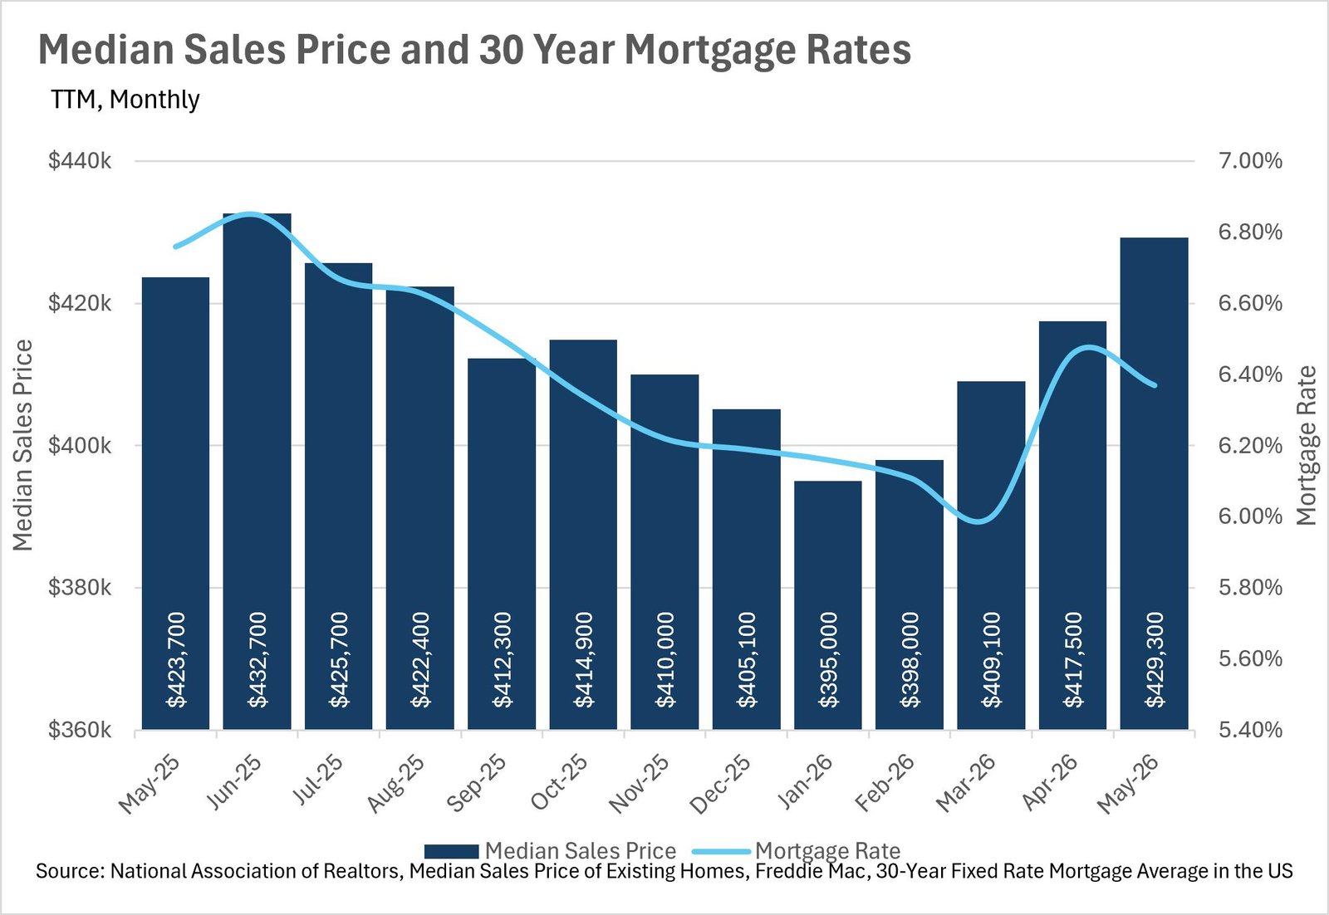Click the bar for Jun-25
pyautogui.click(x=257, y=471)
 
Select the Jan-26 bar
pyautogui.click(x=827, y=604)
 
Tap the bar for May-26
pyautogui.click(x=1154, y=483)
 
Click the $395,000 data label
pyautogui.click(x=828, y=660)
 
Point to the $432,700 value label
pyautogui.click(x=257, y=660)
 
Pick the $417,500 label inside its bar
pyautogui.click(x=1072, y=660)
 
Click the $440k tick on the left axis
pyautogui.click(x=80, y=161)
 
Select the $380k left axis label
pyautogui.click(x=80, y=588)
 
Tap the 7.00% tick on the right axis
pyautogui.click(x=1251, y=161)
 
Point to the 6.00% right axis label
pyautogui.click(x=1251, y=516)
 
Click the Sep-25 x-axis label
pyautogui.click(x=476, y=783)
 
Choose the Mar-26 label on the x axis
pyautogui.click(x=965, y=783)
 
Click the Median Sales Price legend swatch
pyautogui.click(x=452, y=851)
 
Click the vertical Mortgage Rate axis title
pyautogui.click(x=1306, y=446)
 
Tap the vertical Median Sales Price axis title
pyautogui.click(x=22, y=445)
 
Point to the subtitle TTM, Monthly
pyautogui.click(x=125, y=99)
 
